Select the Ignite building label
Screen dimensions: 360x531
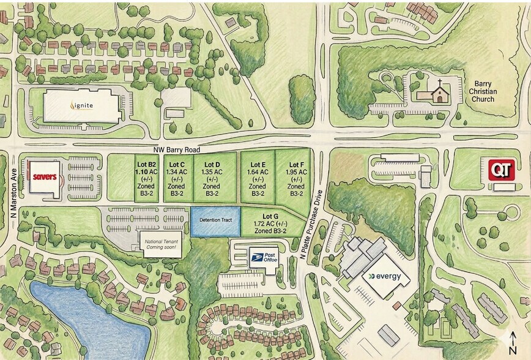(82, 105)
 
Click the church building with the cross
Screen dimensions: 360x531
(438, 93)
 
